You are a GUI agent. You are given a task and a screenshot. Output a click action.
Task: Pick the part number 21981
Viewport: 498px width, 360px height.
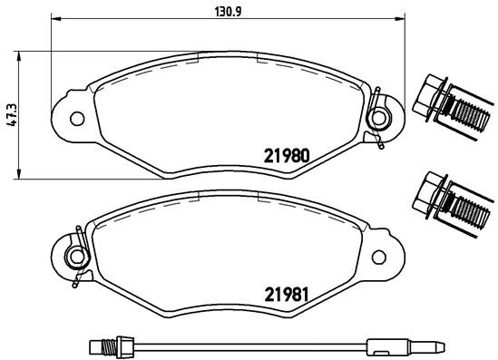click(288, 294)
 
